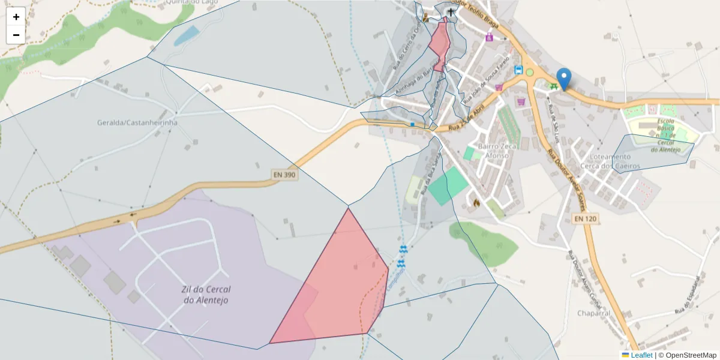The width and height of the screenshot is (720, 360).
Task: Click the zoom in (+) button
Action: pyautogui.click(x=16, y=17)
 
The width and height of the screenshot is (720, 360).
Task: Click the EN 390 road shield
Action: pyautogui.click(x=284, y=175)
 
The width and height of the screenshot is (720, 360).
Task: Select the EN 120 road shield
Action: pyautogui.click(x=585, y=220)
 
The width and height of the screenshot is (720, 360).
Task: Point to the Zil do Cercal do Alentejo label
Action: pyautogui.click(x=205, y=294)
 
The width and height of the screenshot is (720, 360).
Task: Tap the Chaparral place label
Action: pyautogui.click(x=593, y=313)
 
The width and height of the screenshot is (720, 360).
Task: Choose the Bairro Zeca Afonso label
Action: pyautogui.click(x=493, y=151)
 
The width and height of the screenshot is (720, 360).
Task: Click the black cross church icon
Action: pyautogui.click(x=451, y=12)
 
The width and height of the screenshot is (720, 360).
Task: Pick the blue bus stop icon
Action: pyautogui.click(x=518, y=70)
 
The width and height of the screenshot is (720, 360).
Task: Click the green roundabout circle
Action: pyautogui.click(x=530, y=73)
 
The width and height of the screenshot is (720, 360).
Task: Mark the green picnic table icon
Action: pyautogui.click(x=553, y=86)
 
